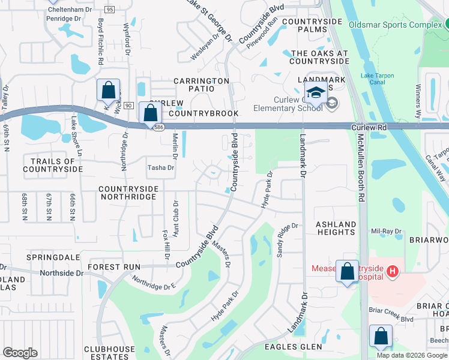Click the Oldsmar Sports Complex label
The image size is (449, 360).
click(x=396, y=25)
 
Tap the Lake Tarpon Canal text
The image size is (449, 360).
click(x=381, y=79)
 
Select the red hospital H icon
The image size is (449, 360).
click(x=393, y=272)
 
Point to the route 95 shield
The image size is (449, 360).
click(x=109, y=10)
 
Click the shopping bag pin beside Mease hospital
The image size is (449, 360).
click(x=347, y=272)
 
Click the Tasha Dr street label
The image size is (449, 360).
click(x=160, y=168)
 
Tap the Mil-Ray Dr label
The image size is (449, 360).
click(x=385, y=231)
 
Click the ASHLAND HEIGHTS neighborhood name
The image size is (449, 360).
click(x=336, y=228)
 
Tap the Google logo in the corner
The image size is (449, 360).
click(x=20, y=353)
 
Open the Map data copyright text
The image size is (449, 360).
click(x=412, y=355)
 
